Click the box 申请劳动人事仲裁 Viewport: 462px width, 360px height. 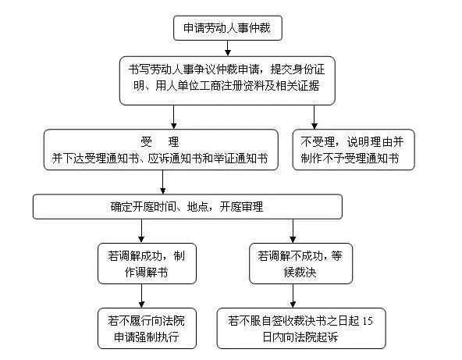tap(227, 28)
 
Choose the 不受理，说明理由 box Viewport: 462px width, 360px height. tap(354, 148)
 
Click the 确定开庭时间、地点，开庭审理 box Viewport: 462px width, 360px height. tap(187, 206)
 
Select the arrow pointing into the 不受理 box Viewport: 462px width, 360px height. tap(315, 116)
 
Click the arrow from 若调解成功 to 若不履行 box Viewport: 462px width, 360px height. tap(141, 295)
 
